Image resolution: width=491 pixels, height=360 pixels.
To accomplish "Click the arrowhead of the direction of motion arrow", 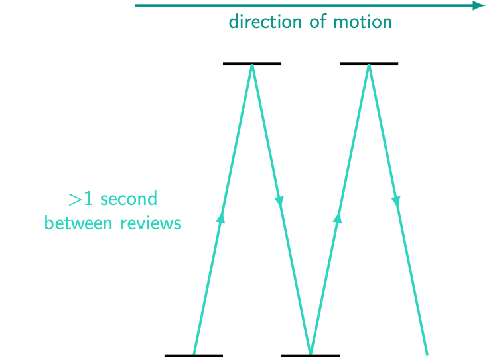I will coord(479,5).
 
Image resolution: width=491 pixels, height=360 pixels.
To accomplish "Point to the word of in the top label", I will coord(317,22).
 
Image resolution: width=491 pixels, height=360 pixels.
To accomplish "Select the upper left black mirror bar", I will coord(252,64).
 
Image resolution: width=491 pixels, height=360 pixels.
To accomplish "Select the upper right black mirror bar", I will coord(369,64).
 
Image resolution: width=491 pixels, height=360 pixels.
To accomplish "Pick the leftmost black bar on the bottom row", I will coord(194,355).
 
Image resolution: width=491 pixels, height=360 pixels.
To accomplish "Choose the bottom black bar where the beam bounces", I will coord(311,355).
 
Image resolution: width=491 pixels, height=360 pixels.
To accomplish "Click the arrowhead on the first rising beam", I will coord(222,216).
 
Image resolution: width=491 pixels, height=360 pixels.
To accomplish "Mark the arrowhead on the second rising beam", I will coord(338,216).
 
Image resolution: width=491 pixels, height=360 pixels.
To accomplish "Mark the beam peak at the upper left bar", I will coord(252,66).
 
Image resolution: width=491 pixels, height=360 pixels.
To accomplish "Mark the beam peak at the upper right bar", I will coord(369,66).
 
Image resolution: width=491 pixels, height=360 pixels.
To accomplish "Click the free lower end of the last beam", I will coord(427,354).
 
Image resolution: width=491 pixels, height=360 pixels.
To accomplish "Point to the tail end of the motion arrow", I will coord(137,5).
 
